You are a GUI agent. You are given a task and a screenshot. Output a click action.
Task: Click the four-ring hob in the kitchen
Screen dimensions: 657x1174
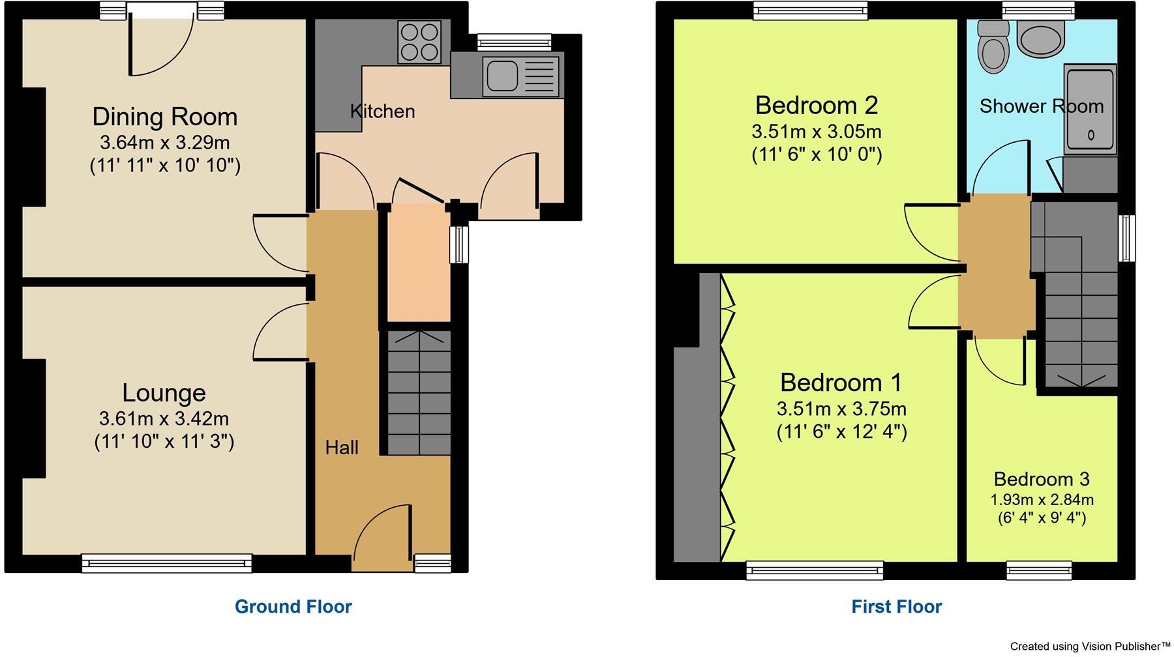click(x=419, y=42)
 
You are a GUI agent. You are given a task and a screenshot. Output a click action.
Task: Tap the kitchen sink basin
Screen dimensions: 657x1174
click(x=502, y=75)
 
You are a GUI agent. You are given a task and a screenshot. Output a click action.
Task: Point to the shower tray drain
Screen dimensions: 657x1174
click(x=1091, y=135)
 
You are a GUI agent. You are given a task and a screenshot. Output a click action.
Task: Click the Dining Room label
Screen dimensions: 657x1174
click(x=164, y=117)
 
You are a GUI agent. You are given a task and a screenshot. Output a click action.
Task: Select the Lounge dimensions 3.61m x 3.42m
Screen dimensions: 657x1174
click(x=164, y=418)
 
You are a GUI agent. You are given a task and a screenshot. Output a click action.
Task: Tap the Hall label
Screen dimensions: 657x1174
click(x=342, y=448)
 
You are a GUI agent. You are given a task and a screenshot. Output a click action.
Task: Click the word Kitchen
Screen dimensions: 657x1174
click(x=382, y=111)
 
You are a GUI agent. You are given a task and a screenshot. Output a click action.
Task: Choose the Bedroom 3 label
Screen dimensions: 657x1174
click(x=1041, y=479)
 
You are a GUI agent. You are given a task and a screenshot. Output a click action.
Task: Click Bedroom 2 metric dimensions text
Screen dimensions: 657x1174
click(x=816, y=132)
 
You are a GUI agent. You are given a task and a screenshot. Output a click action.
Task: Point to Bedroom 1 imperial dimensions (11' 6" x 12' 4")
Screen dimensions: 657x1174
click(x=841, y=431)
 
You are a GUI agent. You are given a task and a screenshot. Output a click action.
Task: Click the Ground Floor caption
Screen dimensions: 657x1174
click(x=293, y=607)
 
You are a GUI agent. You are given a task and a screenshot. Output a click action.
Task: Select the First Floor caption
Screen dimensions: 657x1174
click(x=896, y=607)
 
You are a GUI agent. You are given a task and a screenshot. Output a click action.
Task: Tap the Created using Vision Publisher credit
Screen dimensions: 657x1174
click(x=1091, y=647)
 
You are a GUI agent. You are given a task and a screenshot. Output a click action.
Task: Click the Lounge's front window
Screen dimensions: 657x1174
click(x=166, y=562)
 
